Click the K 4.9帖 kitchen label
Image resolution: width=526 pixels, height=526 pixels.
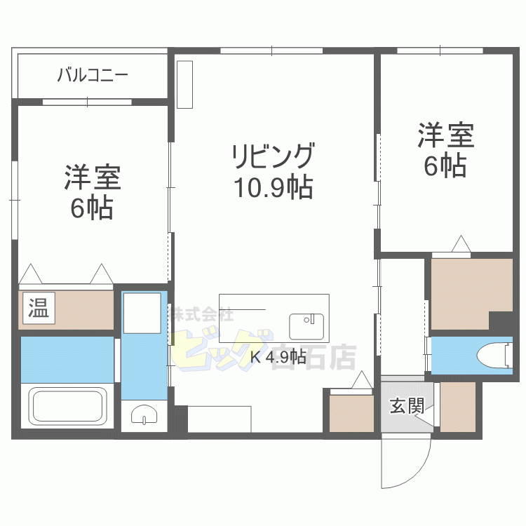pyautogui.click(x=278, y=357)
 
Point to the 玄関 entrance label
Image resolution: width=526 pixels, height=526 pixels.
pyautogui.click(x=407, y=406)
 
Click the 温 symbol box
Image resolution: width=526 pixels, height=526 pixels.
pyautogui.click(x=39, y=309)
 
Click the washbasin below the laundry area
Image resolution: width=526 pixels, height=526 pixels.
pyautogui.click(x=144, y=417)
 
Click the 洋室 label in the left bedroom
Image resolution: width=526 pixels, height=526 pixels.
pyautogui.click(x=93, y=178)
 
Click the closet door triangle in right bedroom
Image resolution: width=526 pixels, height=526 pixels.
pyautogui.click(x=460, y=244)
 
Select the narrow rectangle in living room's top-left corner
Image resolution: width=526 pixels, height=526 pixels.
pyautogui.click(x=184, y=85)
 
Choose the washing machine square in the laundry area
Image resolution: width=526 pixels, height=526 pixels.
pyautogui.click(x=142, y=309)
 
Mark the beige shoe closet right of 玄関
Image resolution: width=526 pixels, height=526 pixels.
pyautogui.click(x=457, y=406)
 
